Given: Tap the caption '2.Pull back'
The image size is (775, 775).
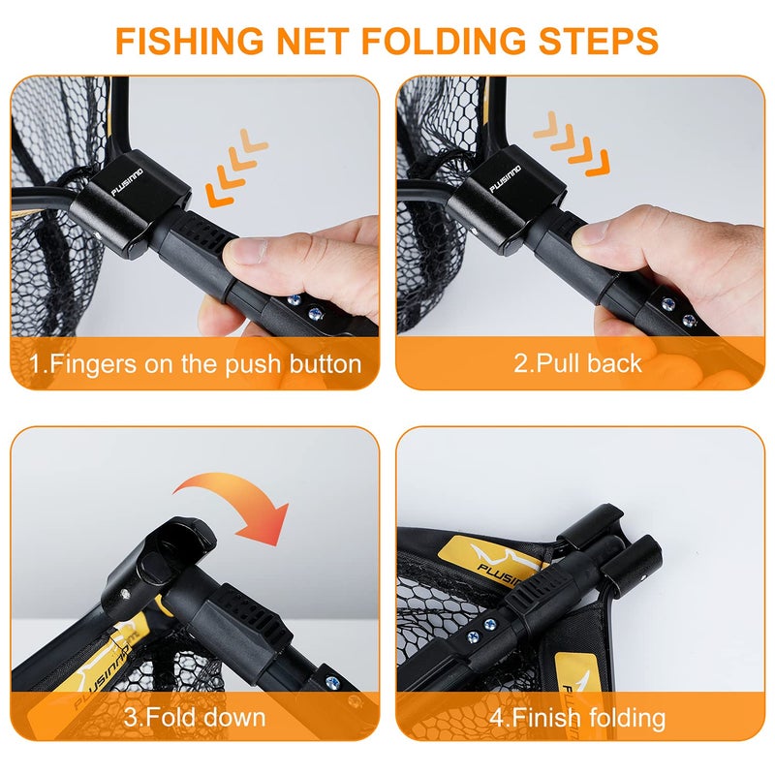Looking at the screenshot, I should point(577,363).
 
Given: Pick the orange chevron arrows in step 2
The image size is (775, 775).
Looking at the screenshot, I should point(571,140).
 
